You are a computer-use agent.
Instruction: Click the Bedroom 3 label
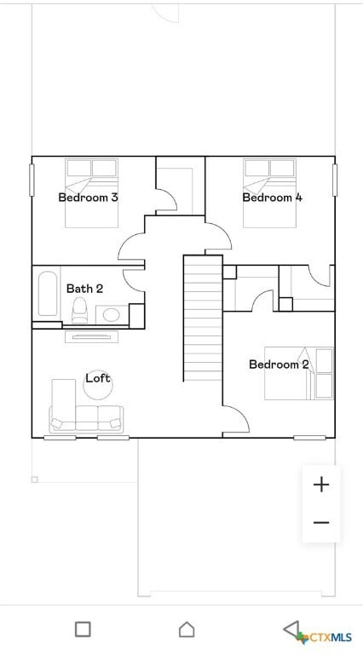tap(88, 198)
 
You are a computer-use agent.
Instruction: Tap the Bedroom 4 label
tap(272, 198)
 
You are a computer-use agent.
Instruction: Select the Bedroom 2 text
tap(279, 364)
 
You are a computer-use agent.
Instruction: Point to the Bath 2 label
tap(84, 289)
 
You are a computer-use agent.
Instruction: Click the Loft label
tap(97, 378)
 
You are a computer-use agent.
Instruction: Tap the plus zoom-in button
tap(321, 485)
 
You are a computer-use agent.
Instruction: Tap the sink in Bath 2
tap(111, 315)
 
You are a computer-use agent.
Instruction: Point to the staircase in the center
tap(203, 318)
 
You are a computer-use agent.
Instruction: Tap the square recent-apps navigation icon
tap(83, 629)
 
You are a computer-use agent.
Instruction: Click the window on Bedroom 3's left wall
tap(32, 180)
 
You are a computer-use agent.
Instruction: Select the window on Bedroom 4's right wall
tap(335, 180)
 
